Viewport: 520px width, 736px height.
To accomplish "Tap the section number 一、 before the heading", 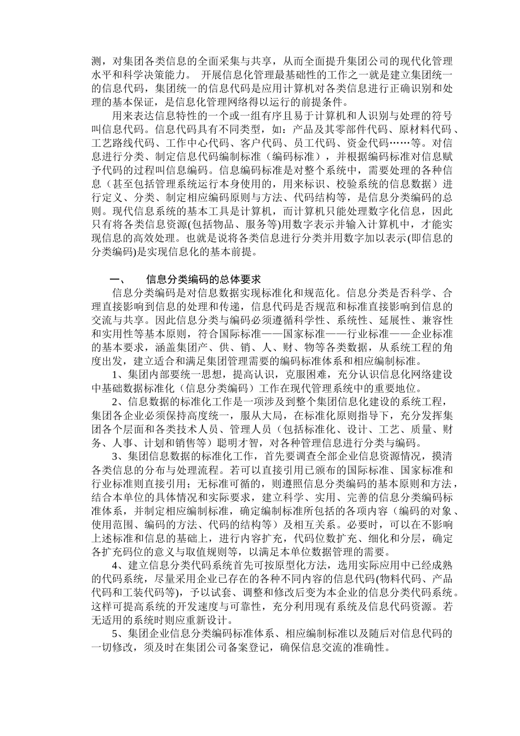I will pos(118,279).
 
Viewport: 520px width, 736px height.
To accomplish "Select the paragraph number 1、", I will pos(119,375).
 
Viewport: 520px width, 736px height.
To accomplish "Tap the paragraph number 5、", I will pos(119,634).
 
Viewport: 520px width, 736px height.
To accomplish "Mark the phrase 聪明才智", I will pos(239,443).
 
